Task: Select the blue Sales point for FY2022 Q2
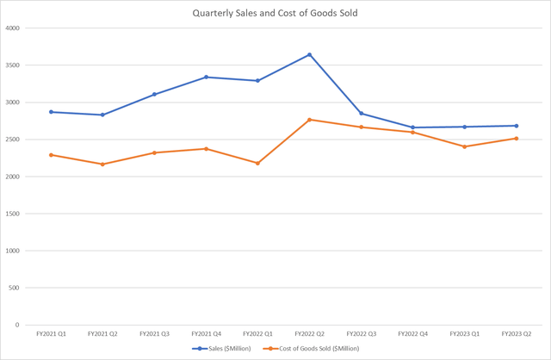pos(309,55)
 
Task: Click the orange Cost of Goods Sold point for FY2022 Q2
pos(309,120)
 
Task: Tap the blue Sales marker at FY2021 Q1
pos(51,112)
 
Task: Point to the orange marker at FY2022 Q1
pos(257,163)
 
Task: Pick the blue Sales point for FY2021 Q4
pos(206,77)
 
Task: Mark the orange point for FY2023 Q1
pos(464,146)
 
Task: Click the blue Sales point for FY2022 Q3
pos(361,114)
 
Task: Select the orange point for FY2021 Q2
pos(102,164)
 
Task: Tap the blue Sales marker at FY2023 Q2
pos(516,126)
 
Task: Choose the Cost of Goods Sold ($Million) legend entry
pos(314,348)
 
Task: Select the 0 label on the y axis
pos(19,325)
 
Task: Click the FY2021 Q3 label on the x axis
pos(154,333)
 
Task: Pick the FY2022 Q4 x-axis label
pos(412,333)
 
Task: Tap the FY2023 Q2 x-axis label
pos(516,333)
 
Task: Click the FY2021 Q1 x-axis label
pos(51,333)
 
